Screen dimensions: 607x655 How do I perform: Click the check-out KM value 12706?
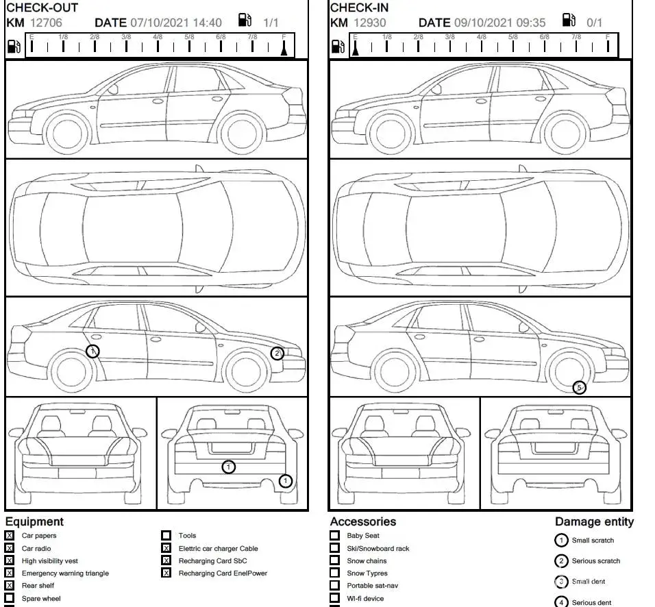coord(46,23)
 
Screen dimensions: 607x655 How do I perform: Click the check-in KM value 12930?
coord(370,23)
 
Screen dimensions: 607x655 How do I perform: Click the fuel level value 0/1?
coord(594,23)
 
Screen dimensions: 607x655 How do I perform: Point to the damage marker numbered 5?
coord(579,388)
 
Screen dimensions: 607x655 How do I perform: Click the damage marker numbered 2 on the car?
coord(277,354)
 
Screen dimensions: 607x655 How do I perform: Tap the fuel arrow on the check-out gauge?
coord(284,49)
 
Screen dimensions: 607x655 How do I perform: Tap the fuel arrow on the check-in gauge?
coord(356,49)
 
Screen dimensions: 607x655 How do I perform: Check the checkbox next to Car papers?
coord(10,536)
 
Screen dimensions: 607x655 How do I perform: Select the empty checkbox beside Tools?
coord(166,536)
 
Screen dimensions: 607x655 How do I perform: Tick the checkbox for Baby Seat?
coord(334,536)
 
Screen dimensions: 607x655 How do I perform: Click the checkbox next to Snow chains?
coord(334,560)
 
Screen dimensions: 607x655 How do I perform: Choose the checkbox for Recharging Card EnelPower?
coord(166,573)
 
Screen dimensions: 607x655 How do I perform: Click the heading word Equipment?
coord(34,522)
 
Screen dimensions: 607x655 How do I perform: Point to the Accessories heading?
coord(363,522)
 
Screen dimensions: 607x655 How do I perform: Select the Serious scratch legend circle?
coord(561,561)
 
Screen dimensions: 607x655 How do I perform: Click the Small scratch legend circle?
coord(561,541)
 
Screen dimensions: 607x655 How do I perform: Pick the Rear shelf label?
coord(38,586)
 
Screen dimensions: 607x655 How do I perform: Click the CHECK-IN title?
coord(360,8)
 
